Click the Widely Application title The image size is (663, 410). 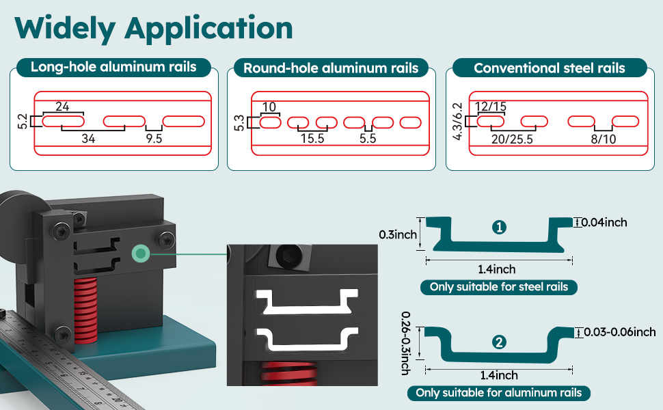pyautogui.click(x=154, y=29)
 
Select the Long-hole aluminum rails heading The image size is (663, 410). pyautogui.click(x=113, y=67)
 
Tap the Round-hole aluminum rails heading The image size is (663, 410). pyautogui.click(x=331, y=68)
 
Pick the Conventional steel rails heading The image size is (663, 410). pyautogui.click(x=549, y=68)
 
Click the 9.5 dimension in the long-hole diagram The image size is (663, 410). pyautogui.click(x=154, y=139)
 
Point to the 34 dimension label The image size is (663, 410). pyautogui.click(x=87, y=139)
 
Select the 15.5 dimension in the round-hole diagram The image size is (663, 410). pyautogui.click(x=312, y=139)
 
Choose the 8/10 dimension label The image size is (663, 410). pyautogui.click(x=603, y=139)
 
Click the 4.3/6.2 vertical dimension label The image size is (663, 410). pyautogui.click(x=457, y=121)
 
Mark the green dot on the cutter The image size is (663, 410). pyautogui.click(x=141, y=254)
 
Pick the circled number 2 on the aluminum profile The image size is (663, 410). pyautogui.click(x=500, y=342)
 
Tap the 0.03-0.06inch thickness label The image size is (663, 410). pyautogui.click(x=617, y=332)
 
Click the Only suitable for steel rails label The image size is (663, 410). pyautogui.click(x=499, y=286)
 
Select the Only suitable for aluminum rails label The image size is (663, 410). pyautogui.click(x=499, y=393)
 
